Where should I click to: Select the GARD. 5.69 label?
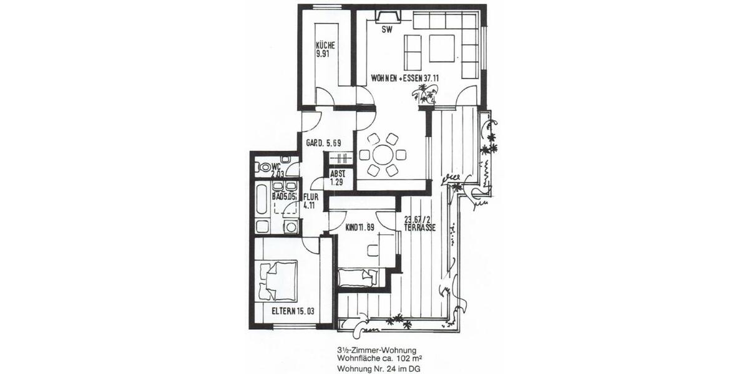coord(323,143)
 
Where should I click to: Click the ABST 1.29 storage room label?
coord(338,177)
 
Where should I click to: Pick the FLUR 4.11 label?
coord(311,200)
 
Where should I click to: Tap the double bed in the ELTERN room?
coord(278,280)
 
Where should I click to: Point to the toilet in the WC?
coord(265,167)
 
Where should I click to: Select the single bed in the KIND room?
coord(357,277)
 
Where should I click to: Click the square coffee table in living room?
coord(442,48)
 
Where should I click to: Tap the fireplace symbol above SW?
coord(385,16)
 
